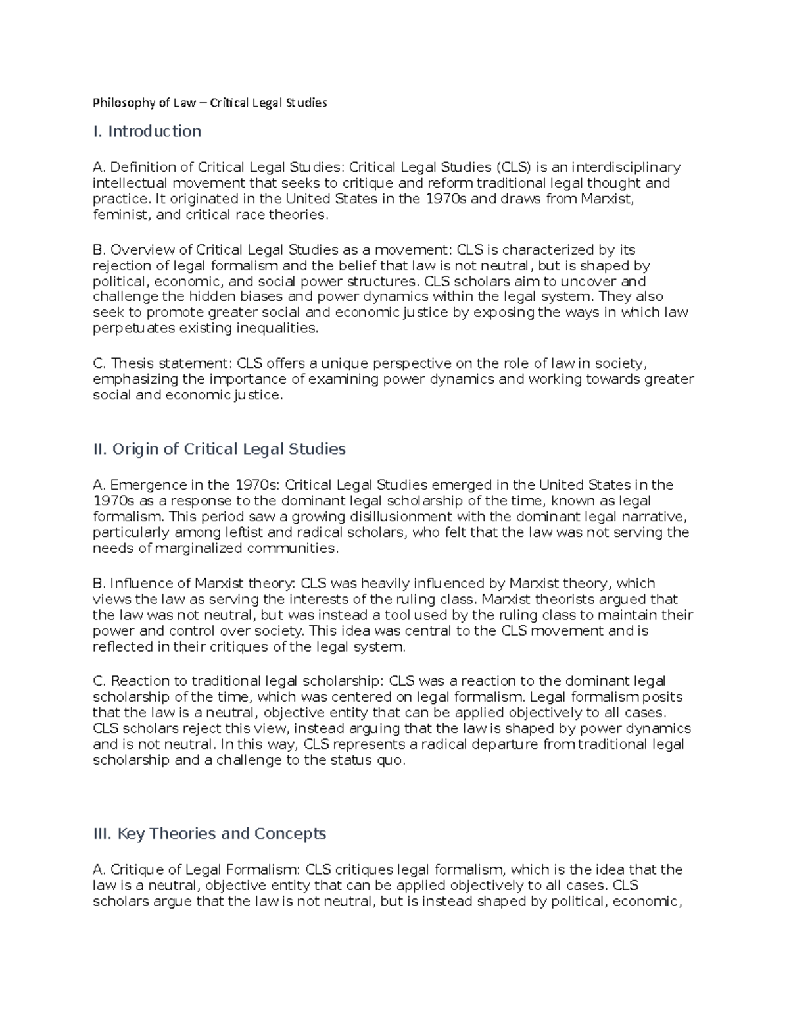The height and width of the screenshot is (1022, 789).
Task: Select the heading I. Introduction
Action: click(x=147, y=132)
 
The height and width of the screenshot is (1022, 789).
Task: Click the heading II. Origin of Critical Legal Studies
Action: click(x=219, y=449)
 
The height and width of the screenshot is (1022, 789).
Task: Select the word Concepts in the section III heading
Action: click(x=290, y=834)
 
